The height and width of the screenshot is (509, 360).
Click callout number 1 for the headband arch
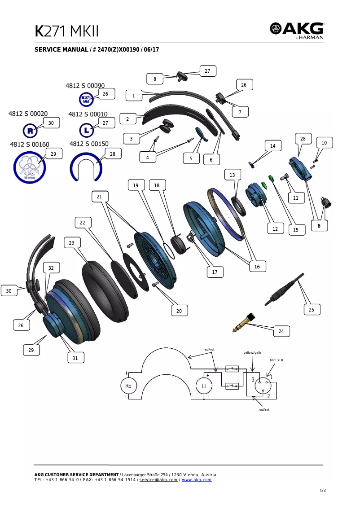pyautogui.click(x=133, y=96)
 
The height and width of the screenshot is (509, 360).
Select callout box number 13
pyautogui.click(x=232, y=175)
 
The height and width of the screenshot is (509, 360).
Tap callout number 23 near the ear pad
pyautogui.click(x=72, y=243)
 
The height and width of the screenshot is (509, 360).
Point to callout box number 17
pyautogui.click(x=215, y=272)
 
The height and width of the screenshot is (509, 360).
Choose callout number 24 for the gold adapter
pyautogui.click(x=281, y=331)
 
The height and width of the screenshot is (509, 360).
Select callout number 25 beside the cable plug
pyautogui.click(x=312, y=310)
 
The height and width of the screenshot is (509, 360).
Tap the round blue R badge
pyautogui.click(x=30, y=131)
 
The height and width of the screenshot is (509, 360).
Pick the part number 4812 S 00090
pyautogui.click(x=85, y=85)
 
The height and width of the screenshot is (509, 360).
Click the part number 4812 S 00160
pyautogui.click(x=30, y=145)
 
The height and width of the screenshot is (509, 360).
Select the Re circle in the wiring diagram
pyautogui.click(x=128, y=386)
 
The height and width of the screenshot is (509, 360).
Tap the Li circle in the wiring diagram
pyautogui.click(x=204, y=386)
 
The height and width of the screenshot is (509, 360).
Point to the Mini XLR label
pyautogui.click(x=277, y=360)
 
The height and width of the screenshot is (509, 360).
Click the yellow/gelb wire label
pyautogui.click(x=252, y=353)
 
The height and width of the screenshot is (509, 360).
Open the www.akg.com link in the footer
pyautogui.click(x=197, y=480)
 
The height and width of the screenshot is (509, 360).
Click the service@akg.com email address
pyautogui.click(x=158, y=480)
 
